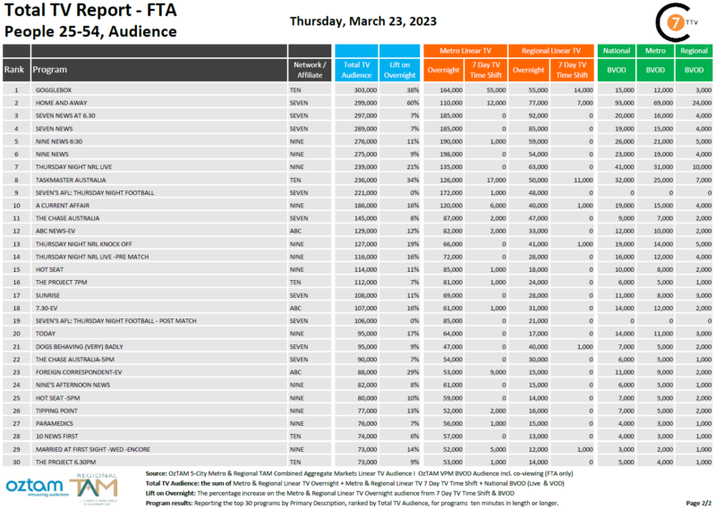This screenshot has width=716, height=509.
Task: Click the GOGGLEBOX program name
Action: click(x=55, y=90)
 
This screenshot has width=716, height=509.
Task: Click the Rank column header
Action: click(x=14, y=69)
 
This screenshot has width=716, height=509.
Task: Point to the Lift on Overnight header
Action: click(x=400, y=69)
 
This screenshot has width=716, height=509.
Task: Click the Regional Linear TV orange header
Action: click(x=551, y=51)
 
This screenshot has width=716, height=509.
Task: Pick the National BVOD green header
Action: click(x=616, y=51)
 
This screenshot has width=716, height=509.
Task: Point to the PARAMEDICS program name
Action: click(x=56, y=423)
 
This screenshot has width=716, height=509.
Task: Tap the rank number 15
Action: click(x=15, y=269)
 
